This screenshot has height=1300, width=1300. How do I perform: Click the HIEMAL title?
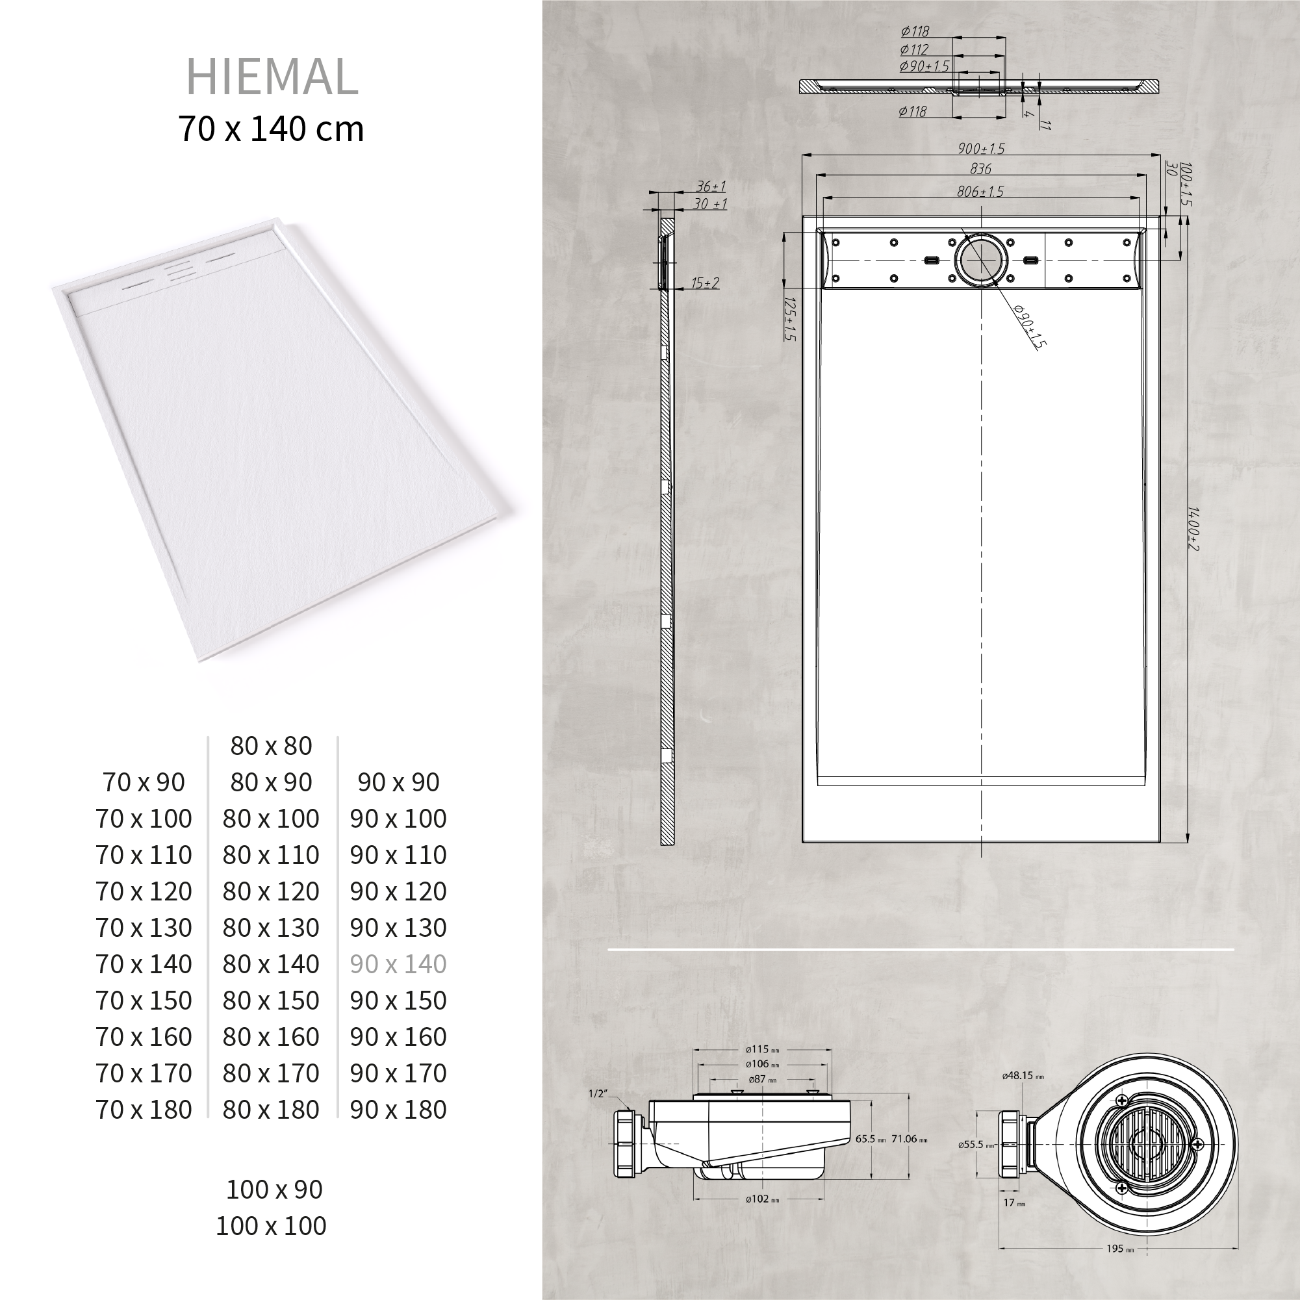pyautogui.click(x=272, y=77)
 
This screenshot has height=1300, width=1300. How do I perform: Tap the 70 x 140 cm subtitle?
pyautogui.click(x=271, y=129)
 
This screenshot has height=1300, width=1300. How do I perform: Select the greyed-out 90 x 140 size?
pyautogui.click(x=398, y=964)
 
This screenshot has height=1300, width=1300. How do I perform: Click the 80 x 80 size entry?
pyautogui.click(x=271, y=746)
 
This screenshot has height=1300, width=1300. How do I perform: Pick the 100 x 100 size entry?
pyautogui.click(x=271, y=1225)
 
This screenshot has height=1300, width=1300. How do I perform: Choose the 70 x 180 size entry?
pyautogui.click(x=144, y=1110)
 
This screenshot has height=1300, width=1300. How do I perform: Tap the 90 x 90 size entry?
pyautogui.click(x=398, y=782)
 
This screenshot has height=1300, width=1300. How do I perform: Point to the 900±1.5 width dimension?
pyautogui.click(x=981, y=149)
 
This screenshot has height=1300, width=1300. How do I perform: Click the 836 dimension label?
pyautogui.click(x=980, y=169)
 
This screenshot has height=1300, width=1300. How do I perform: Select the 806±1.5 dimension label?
pyautogui.click(x=980, y=192)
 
